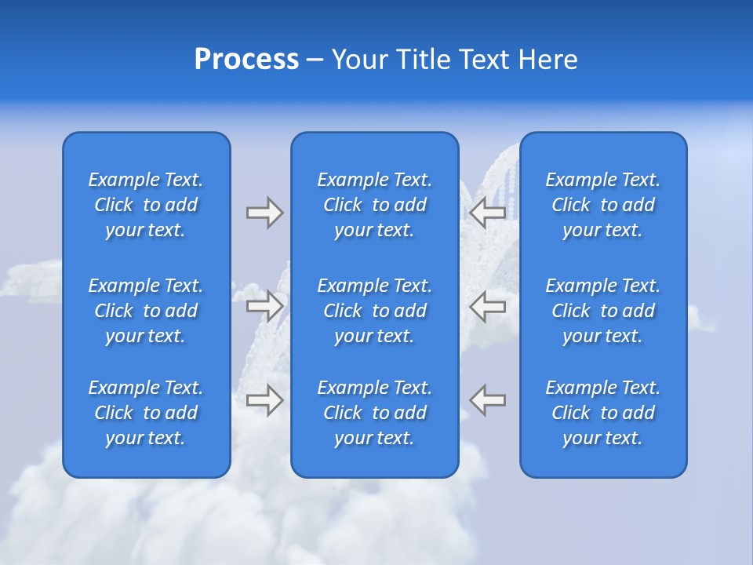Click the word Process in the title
coord(246,60)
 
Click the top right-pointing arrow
coord(264,213)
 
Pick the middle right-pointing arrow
coord(264,306)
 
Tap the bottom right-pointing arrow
coord(264,400)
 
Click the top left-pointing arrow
coord(488,213)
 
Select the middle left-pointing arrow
coord(488,306)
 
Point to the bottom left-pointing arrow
coord(488,400)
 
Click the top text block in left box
coord(146,205)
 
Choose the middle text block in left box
coord(146,311)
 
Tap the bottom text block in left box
coord(146,413)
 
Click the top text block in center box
coord(375,205)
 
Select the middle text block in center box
coord(375,311)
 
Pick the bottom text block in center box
coord(375,413)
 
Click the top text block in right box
coord(603,205)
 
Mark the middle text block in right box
coord(603,311)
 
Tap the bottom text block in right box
coord(603,413)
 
